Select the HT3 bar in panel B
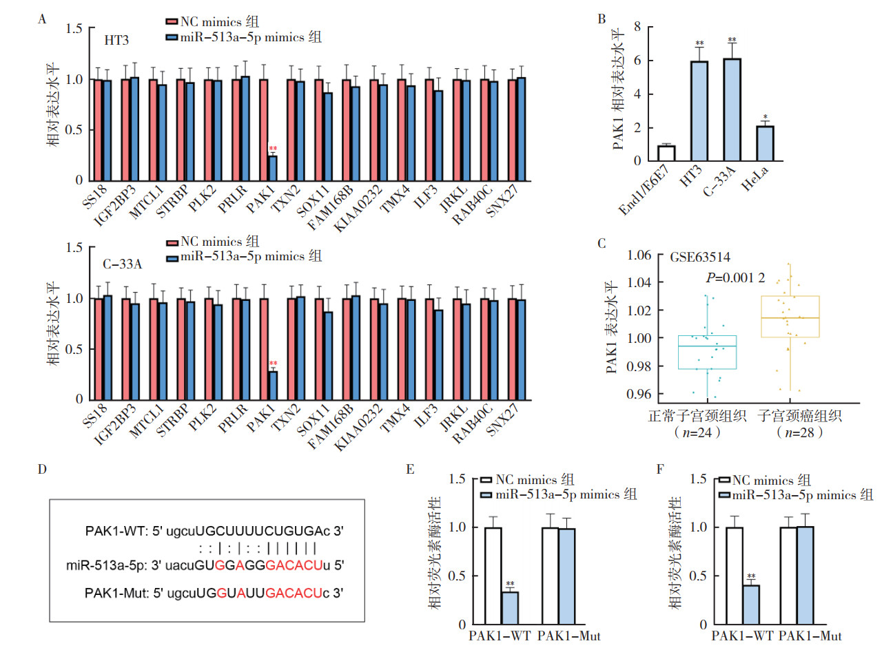[699, 111]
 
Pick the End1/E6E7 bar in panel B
[666, 153]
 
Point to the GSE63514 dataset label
[700, 257]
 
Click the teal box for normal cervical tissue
[707, 352]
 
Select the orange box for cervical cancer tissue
[790, 317]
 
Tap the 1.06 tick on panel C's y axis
[639, 255]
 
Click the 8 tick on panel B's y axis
[637, 27]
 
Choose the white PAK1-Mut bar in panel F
[788, 576]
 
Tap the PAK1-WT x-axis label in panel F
[742, 636]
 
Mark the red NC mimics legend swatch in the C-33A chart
[172, 242]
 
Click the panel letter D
[42, 470]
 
